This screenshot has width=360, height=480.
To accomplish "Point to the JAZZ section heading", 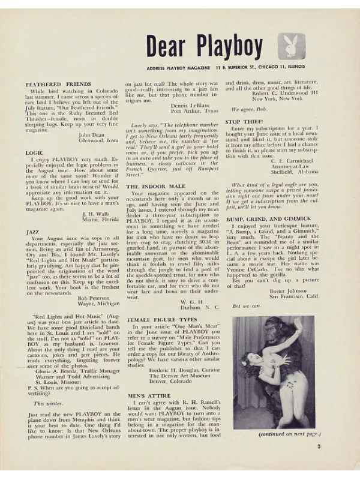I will pyautogui.click(x=33, y=231).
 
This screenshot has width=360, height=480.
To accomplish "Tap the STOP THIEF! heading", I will pyautogui.click(x=245, y=122).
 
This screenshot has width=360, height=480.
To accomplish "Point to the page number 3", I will pyautogui.click(x=319, y=446).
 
